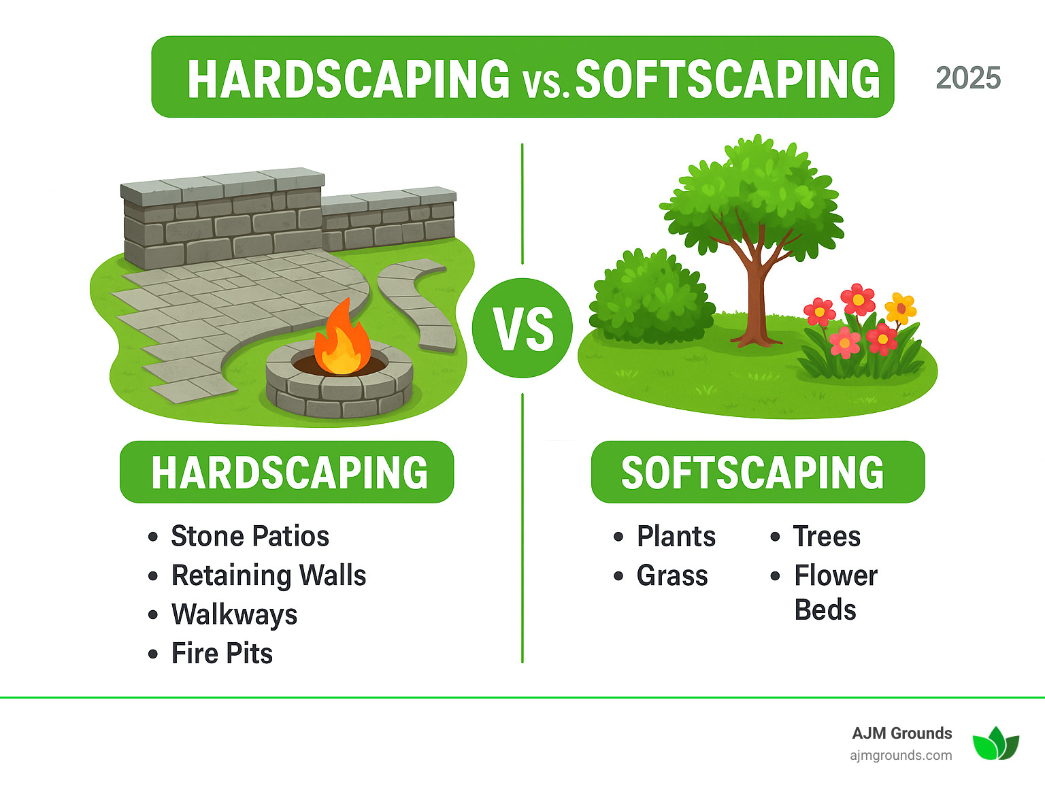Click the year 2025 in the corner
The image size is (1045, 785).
[967, 78]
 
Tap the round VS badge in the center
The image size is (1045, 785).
[522, 329]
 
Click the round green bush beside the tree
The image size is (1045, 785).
[649, 299]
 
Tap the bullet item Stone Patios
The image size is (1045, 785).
[250, 536]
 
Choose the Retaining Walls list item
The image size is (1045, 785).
[268, 575]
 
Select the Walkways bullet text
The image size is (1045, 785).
[234, 614]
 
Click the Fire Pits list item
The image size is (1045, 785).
[222, 654]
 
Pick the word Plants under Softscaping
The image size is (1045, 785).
[676, 536]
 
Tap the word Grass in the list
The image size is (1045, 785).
[672, 575]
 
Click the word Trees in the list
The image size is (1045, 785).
[827, 536]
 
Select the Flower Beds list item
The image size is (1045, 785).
[835, 592]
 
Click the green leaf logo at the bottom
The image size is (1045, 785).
[995, 743]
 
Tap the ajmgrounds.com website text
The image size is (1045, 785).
[901, 755]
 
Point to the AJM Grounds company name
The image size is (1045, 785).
[901, 733]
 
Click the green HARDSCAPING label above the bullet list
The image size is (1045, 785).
[287, 472]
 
